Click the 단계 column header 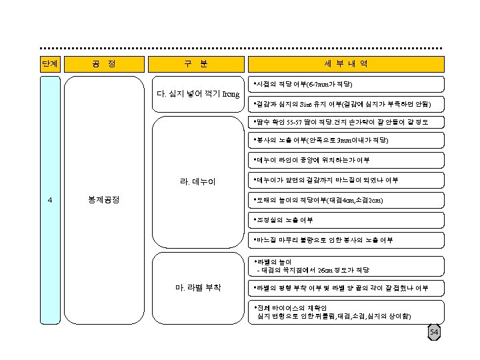tap(49, 64)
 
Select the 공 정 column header tap(103, 64)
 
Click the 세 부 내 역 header tap(346, 64)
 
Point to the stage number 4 tap(49, 200)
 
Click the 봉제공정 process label tap(103, 200)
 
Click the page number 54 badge tap(434, 333)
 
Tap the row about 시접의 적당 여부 tap(346, 85)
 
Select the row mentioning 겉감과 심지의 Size tap(346, 104)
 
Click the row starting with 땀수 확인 tap(346, 123)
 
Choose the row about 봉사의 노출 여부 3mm tap(346, 141)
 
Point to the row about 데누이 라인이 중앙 tap(346, 161)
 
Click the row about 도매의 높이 tap(346, 200)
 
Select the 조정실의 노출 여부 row tap(346, 219)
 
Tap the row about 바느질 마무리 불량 tap(346, 239)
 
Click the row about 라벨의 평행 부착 tap(346, 289)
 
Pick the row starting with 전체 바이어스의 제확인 tap(346, 311)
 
